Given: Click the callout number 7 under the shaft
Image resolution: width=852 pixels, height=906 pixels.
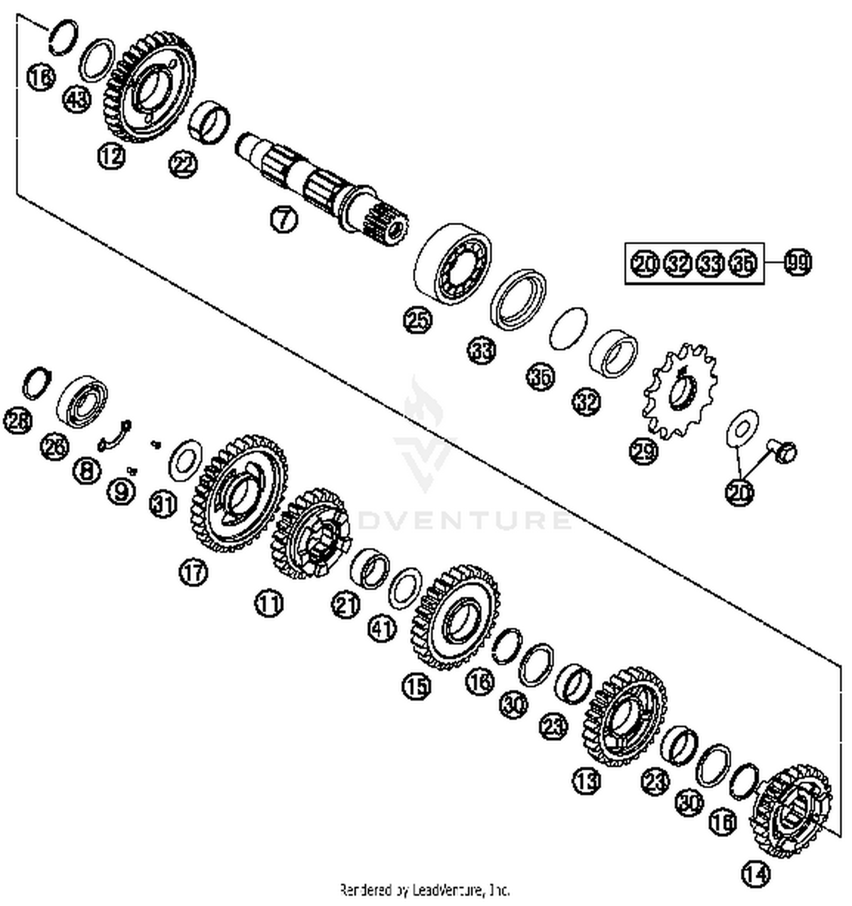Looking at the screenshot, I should click(284, 219).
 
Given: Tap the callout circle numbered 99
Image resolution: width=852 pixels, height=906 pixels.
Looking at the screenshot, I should click(797, 263).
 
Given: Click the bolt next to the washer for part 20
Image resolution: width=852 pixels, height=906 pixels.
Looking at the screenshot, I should click(784, 451).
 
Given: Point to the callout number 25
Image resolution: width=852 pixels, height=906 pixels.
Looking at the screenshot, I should click(417, 320).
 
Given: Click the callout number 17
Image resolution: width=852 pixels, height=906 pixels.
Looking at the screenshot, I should click(194, 572).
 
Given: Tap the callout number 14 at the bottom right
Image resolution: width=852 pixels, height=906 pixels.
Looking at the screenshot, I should click(756, 874).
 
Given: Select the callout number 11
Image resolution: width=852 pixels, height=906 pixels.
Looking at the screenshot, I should click(268, 602).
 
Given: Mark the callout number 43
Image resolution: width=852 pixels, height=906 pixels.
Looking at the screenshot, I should click(77, 100).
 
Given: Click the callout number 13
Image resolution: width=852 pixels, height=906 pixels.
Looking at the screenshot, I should click(586, 780).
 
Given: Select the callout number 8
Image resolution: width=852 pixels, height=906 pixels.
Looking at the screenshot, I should click(87, 471).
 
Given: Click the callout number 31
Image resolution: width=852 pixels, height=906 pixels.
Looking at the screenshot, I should click(164, 505).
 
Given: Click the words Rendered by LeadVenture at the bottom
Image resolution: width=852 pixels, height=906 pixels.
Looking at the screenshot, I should click(424, 889).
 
